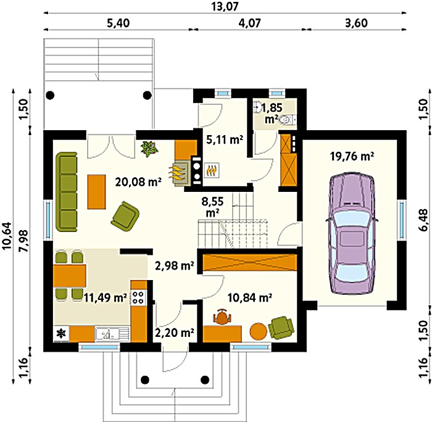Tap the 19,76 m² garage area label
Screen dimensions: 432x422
pyautogui.click(x=352, y=157)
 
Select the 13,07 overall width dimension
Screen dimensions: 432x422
pyautogui.click(x=225, y=6)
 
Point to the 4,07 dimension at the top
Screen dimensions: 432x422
pyautogui.click(x=249, y=23)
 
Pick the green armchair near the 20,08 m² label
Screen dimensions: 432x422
pyautogui.click(x=125, y=214)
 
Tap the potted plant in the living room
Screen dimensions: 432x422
pyautogui.click(x=149, y=149)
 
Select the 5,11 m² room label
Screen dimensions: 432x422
pyautogui.click(x=225, y=139)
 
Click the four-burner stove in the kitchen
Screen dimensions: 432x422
pyautogui.click(x=138, y=297)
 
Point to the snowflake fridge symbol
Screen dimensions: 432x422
pyautogui.click(x=61, y=334)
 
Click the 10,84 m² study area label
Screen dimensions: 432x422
pyautogui.click(x=250, y=297)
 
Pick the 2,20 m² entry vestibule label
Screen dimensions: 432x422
pyautogui.click(x=175, y=333)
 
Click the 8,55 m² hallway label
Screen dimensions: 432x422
pyautogui.click(x=212, y=207)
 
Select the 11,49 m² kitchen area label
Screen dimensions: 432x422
pyautogui.click(x=106, y=297)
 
